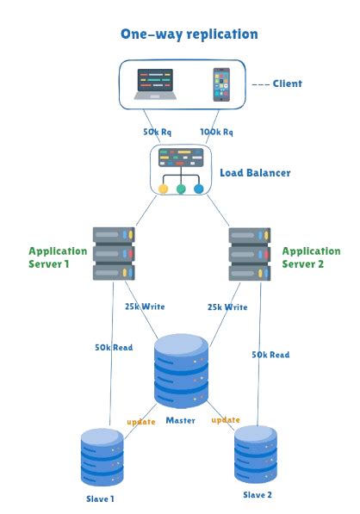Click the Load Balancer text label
(255, 173)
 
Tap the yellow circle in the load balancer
(163, 189)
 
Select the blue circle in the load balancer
(199, 189)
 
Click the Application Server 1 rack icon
(115, 252)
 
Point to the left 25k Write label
(144, 307)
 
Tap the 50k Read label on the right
(270, 354)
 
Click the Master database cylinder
(181, 370)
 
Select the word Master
(181, 420)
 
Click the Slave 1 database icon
(102, 457)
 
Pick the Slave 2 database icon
(256, 453)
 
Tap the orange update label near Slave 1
(141, 422)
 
